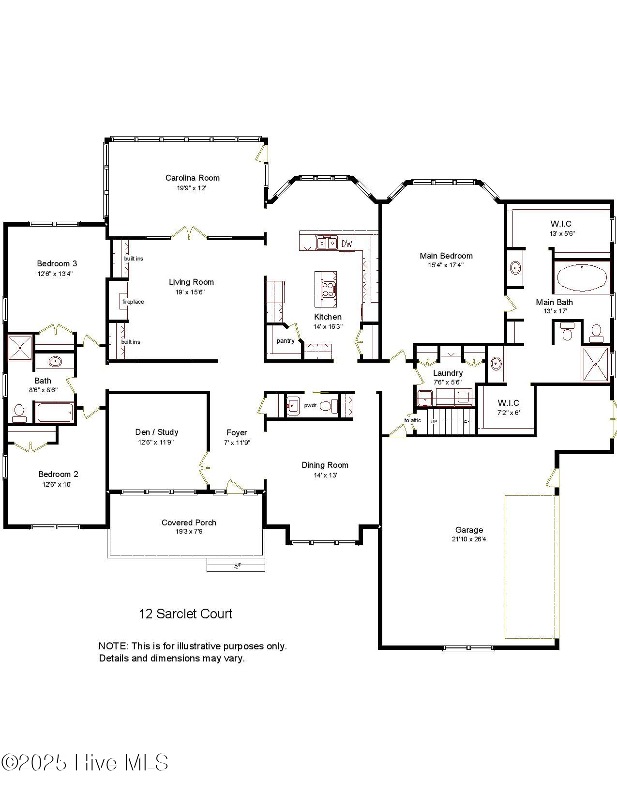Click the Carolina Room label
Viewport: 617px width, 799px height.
[192, 178]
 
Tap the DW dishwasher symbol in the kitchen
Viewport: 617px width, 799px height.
[347, 243]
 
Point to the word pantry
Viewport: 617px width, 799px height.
[286, 340]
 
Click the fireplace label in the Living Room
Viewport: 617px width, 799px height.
[133, 302]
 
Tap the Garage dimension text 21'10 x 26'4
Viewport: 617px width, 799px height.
[468, 539]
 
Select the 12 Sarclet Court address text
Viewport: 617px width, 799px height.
[185, 614]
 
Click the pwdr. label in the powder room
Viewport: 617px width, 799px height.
[311, 405]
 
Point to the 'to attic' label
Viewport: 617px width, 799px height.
[413, 420]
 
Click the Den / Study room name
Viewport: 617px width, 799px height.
[156, 432]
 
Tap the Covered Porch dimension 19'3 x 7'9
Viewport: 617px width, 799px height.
[189, 532]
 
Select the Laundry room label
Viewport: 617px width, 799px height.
[448, 373]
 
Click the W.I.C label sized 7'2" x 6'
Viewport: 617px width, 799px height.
[508, 403]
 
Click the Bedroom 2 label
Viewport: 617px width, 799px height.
[58, 474]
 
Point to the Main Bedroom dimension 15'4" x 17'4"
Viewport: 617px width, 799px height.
[446, 265]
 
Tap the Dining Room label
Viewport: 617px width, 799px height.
[325, 465]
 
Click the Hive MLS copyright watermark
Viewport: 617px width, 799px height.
[85, 763]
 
